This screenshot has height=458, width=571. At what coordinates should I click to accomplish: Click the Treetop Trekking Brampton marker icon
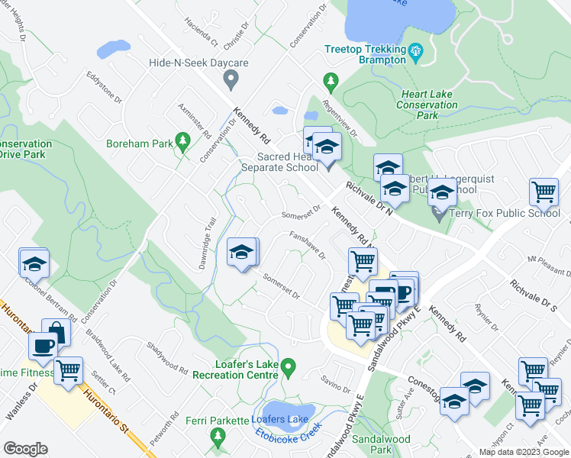416,52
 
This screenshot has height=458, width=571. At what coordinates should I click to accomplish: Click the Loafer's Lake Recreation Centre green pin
288,368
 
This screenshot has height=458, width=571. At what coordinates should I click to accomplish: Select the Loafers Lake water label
280,420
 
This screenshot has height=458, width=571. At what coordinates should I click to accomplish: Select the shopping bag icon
56,332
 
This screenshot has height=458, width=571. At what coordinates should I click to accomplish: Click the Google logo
25,449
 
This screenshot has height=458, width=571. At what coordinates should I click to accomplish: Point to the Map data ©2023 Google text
524,452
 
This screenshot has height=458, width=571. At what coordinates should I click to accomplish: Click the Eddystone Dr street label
104,88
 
